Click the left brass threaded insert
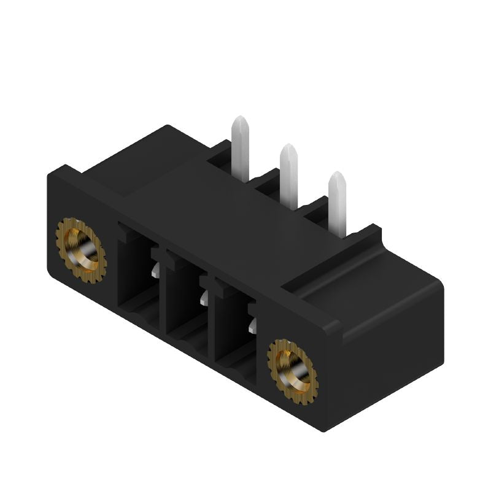click(81, 250)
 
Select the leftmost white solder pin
click(240, 150)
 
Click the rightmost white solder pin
click(337, 205)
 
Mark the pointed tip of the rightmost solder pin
click(336, 176)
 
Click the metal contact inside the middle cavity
click(204, 297)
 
